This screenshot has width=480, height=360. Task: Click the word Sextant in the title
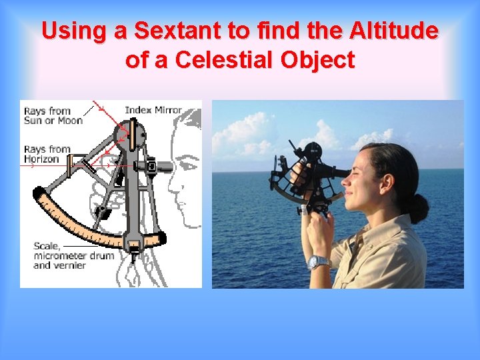point(175,31)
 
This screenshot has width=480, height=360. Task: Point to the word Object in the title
point(318,60)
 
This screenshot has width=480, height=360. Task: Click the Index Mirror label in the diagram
point(153,110)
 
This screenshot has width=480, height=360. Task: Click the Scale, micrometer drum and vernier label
point(73,255)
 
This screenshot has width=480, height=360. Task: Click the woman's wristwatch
point(319,262)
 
